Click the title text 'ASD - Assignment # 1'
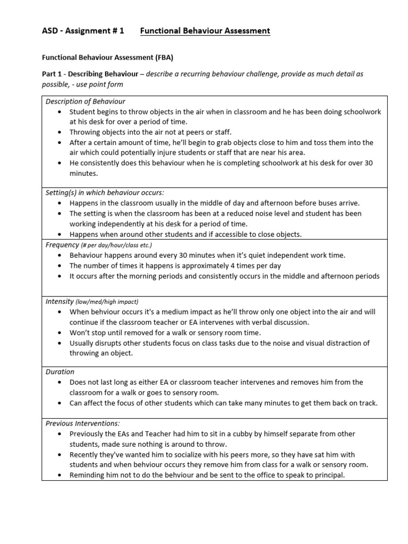pyautogui.click(x=82, y=31)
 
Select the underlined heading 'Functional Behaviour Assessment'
pyautogui.click(x=205, y=31)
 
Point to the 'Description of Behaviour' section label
pyautogui.click(x=85, y=101)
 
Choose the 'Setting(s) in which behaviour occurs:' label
pyautogui.click(x=105, y=193)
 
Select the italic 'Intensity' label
pyautogui.click(x=59, y=301)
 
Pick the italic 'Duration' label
pyautogui.click(x=60, y=372)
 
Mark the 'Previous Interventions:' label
pyautogui.click(x=83, y=423)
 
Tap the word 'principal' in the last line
pyautogui.click(x=328, y=475)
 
